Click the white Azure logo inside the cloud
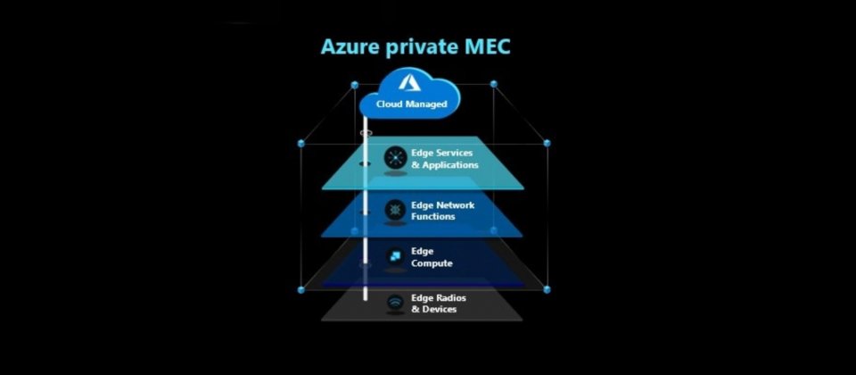409,82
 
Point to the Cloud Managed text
411,104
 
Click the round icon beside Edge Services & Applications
395,157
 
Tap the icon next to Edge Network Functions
395,209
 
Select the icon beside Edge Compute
395,256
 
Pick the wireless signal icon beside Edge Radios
395,303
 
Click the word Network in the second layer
456,205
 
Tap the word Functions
433,216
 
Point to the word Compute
432,263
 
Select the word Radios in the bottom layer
451,298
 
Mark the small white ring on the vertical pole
366,133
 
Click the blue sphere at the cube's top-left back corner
354,85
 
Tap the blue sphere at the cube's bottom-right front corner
547,289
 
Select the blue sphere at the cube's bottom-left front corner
300,289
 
